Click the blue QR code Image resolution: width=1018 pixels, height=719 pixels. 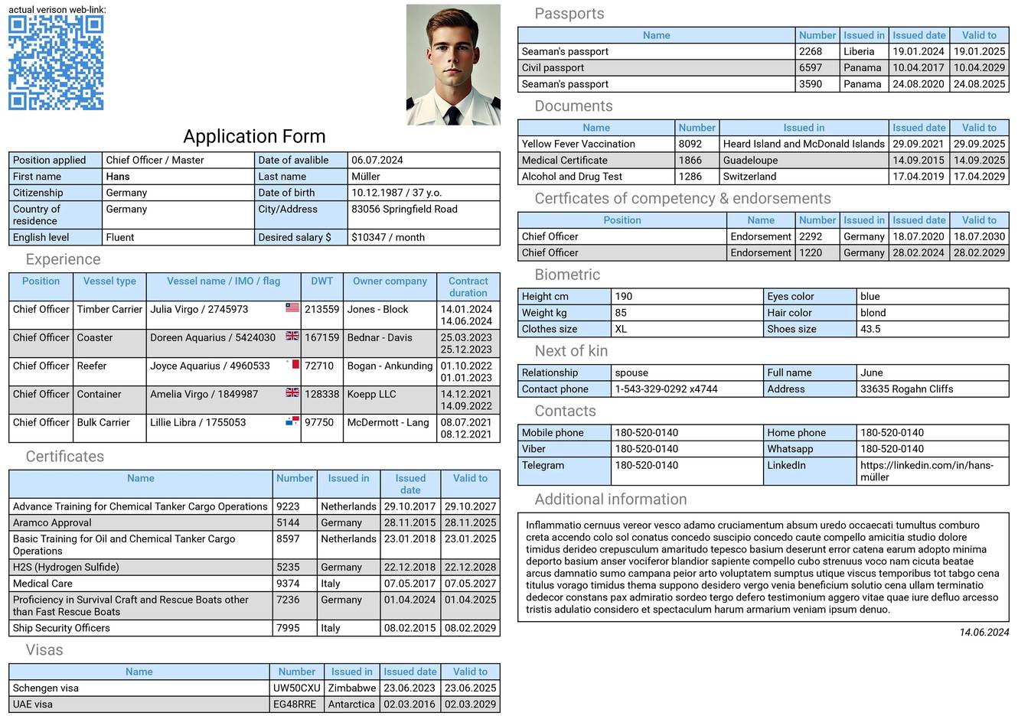56,63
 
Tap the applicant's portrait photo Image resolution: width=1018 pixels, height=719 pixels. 453,65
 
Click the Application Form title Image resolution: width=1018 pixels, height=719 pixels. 254,136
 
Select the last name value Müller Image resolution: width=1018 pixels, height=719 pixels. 366,177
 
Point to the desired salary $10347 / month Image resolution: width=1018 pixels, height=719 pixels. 388,237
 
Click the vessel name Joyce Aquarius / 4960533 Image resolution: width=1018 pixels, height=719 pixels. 210,366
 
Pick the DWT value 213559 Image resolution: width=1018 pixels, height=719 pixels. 321,310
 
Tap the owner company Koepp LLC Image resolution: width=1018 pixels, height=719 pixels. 371,394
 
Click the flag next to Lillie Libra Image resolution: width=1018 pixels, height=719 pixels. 292,421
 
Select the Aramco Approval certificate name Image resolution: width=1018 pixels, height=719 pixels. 52,522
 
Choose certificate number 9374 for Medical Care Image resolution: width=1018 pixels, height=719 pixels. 288,584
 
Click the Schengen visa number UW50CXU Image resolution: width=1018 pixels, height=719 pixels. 297,688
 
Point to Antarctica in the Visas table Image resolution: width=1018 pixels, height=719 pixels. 351,704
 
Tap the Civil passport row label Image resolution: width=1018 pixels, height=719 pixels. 553,67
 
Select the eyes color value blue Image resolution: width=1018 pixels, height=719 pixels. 870,296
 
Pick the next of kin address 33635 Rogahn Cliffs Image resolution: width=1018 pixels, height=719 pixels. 906,389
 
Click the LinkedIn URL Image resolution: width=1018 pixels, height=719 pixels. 926,471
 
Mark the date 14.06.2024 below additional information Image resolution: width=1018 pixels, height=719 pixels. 984,633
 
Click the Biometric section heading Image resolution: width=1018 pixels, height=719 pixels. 567,275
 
